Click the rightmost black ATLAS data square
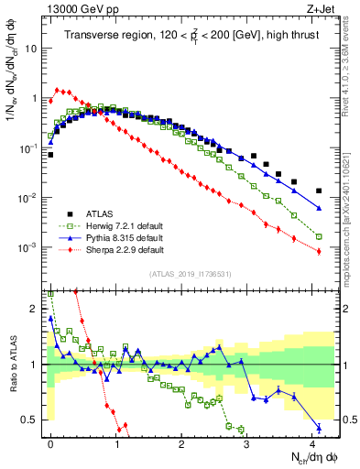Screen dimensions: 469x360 (319, 191)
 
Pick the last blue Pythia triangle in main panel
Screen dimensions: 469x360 (319, 209)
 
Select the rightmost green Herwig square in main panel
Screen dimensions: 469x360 (319, 236)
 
